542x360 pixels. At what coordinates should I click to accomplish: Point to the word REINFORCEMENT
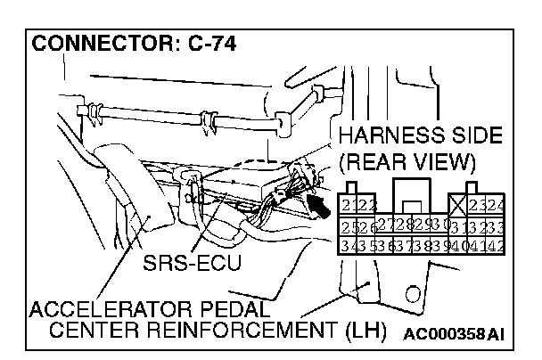click(253, 333)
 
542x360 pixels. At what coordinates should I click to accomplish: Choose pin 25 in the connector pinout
click(349, 225)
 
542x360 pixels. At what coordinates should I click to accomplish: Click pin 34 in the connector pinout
click(349, 244)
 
